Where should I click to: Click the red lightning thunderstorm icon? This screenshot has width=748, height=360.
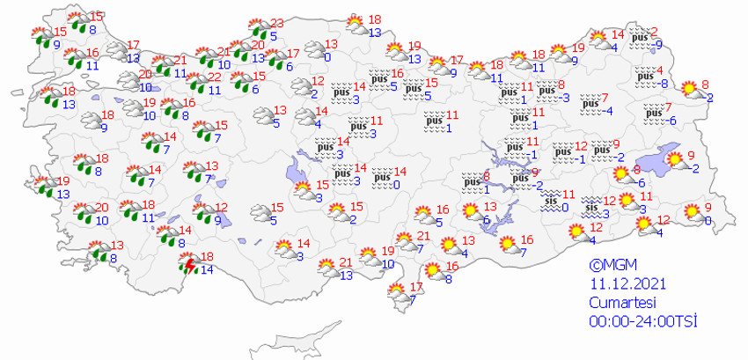187,263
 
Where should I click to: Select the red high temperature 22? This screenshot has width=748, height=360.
215,77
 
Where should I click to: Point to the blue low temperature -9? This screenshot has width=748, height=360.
658,45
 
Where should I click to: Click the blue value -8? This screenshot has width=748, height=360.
664,83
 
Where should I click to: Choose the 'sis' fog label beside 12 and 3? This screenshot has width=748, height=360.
593,208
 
